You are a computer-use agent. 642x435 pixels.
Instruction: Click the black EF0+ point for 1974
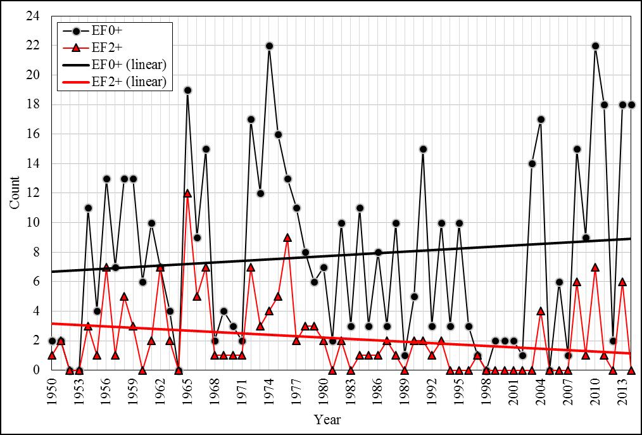click(x=269, y=46)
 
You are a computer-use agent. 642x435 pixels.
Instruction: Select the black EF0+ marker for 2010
click(x=595, y=46)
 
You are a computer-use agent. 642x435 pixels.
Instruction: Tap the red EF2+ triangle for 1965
click(x=187, y=193)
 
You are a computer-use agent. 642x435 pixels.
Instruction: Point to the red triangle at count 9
click(x=287, y=237)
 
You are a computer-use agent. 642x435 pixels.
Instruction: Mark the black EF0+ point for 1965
click(x=187, y=90)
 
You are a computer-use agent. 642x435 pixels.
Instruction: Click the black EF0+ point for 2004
click(x=541, y=119)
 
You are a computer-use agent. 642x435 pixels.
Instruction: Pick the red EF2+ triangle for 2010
click(x=595, y=267)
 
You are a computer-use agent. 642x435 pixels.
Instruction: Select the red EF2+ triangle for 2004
click(x=541, y=311)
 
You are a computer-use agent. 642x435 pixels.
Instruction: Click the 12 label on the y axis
click(x=34, y=193)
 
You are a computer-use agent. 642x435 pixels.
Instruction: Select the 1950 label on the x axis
click(x=52, y=392)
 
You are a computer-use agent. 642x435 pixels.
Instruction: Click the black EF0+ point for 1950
click(x=52, y=341)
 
